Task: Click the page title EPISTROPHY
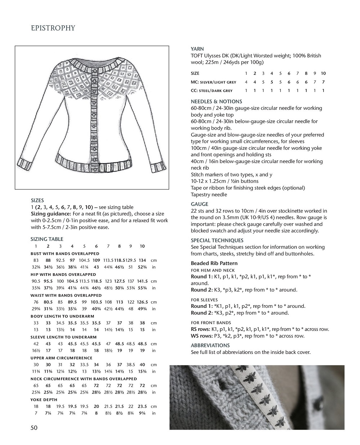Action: [x=53, y=28]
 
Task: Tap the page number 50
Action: [x=34, y=428]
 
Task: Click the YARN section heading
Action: [x=197, y=49]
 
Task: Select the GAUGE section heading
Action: [x=199, y=204]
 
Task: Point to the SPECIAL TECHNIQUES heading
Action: [x=217, y=241]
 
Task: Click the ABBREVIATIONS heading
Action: [x=210, y=346]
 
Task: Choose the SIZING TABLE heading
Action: [x=47, y=239]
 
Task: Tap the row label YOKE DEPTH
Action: [x=44, y=400]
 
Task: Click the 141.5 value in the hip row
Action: [x=142, y=281]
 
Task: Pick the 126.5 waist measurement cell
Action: [x=142, y=302]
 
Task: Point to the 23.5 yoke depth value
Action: [x=142, y=406]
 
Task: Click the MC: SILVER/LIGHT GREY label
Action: [x=213, y=82]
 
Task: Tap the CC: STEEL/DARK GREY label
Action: [x=212, y=91]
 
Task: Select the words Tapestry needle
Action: [x=209, y=195]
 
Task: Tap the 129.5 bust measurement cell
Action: [x=131, y=260]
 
